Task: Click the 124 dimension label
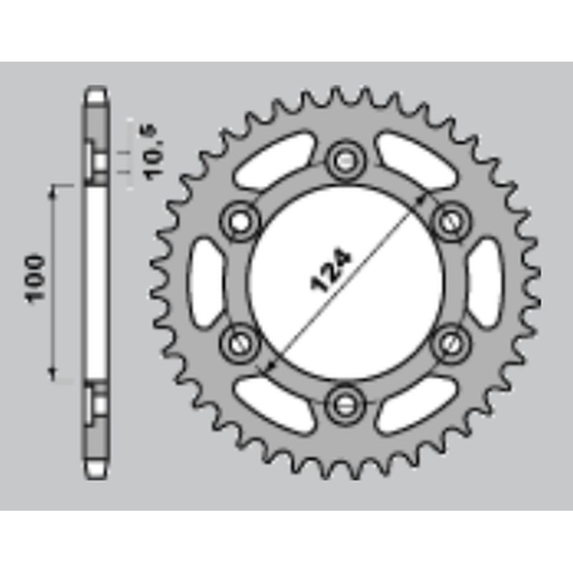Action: pos(331,271)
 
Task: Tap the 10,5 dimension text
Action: pos(154,152)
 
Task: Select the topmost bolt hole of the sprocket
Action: pos(345,160)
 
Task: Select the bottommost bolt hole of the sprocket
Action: pos(345,403)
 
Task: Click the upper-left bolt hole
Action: pos(241,221)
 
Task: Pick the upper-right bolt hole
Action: pos(451,221)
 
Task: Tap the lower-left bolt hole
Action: pos(240,342)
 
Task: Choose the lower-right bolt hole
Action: pos(451,342)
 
